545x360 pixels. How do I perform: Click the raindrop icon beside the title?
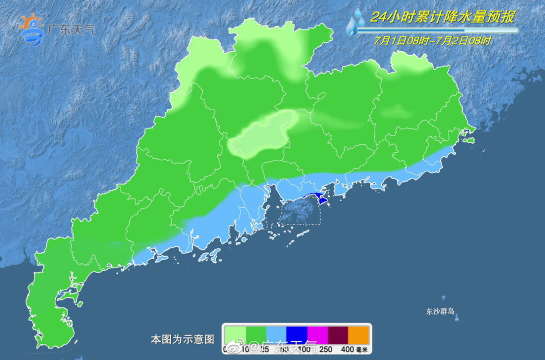coord(356,23)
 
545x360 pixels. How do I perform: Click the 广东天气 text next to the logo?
coord(71,29)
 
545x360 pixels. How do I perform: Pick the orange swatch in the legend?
coord(359,335)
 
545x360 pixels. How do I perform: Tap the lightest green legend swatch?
coord(235,335)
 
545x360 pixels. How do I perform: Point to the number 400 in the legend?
coord(347,349)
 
